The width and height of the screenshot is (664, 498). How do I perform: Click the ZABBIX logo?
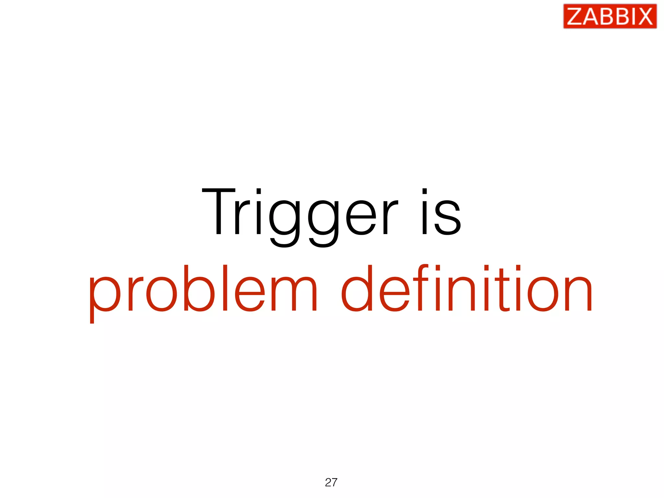[610, 16]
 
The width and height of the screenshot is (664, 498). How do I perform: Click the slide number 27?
[331, 482]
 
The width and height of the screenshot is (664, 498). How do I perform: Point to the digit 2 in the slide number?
[328, 482]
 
